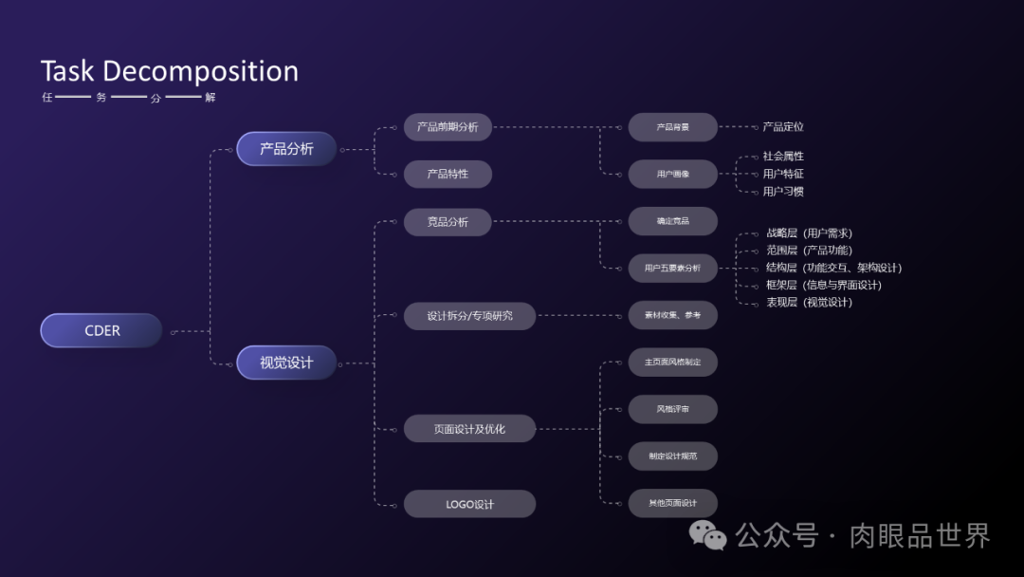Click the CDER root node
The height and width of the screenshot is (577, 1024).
tap(101, 330)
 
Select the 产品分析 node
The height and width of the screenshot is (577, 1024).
tap(286, 149)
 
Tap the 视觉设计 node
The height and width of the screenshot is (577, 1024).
tap(286, 363)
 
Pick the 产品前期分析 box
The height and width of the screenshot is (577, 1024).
tap(448, 127)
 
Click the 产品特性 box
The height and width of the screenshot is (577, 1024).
tap(448, 175)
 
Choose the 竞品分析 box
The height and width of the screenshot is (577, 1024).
tap(448, 222)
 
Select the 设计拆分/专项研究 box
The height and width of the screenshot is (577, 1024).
tap(469, 316)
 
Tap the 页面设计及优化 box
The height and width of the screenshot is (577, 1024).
tap(469, 429)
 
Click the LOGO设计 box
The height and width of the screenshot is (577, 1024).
tap(469, 504)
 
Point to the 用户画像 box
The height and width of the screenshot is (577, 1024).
tap(673, 174)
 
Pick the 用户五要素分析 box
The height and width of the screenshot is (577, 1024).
tap(673, 268)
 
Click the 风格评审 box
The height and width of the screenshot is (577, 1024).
tap(673, 409)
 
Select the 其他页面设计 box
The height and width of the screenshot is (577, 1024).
tap(673, 503)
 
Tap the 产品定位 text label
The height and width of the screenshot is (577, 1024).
tap(783, 126)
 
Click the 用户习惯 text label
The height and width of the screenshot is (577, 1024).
tap(783, 192)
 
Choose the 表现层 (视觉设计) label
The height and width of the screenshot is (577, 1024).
tap(809, 303)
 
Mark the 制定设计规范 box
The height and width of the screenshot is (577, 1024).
tap(673, 456)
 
